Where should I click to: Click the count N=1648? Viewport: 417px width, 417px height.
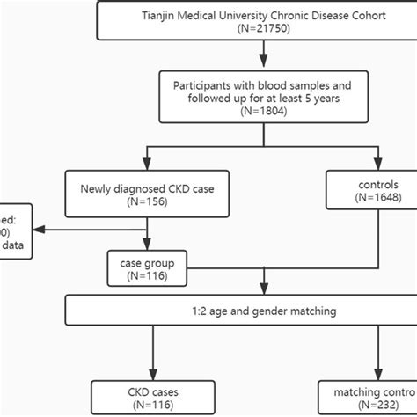tap(378, 200)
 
